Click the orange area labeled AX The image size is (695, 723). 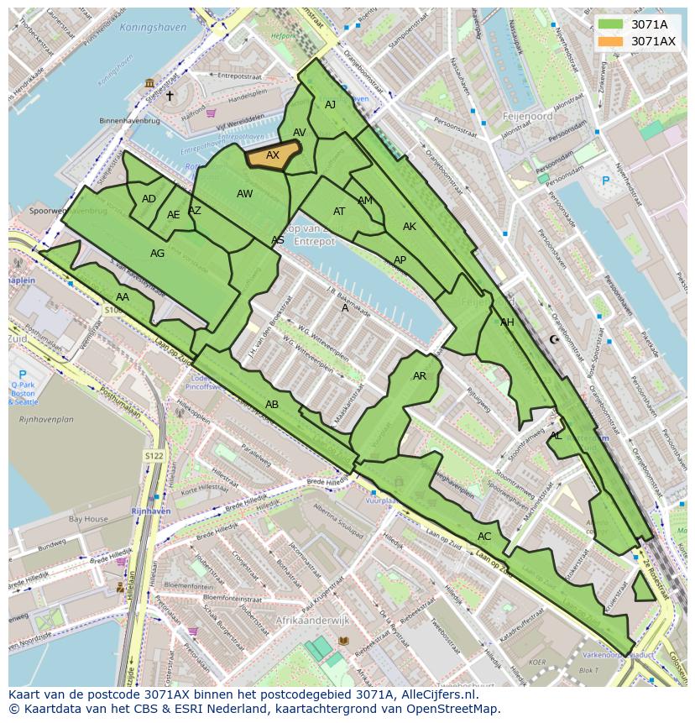(x=273, y=155)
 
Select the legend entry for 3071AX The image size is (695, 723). (x=653, y=41)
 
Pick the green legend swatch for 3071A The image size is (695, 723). (x=610, y=24)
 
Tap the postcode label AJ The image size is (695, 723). (x=330, y=105)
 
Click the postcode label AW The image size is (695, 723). (x=244, y=194)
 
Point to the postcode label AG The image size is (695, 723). (x=157, y=253)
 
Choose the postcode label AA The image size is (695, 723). (x=123, y=297)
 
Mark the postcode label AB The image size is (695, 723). (x=272, y=404)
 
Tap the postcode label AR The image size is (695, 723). (x=420, y=376)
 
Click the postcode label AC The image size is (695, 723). (x=484, y=537)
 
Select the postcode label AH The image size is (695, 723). (x=507, y=322)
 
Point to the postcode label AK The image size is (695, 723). (x=410, y=227)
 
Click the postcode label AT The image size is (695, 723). (x=339, y=212)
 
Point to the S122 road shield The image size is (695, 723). (x=153, y=456)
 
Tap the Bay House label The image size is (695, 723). (x=87, y=519)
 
